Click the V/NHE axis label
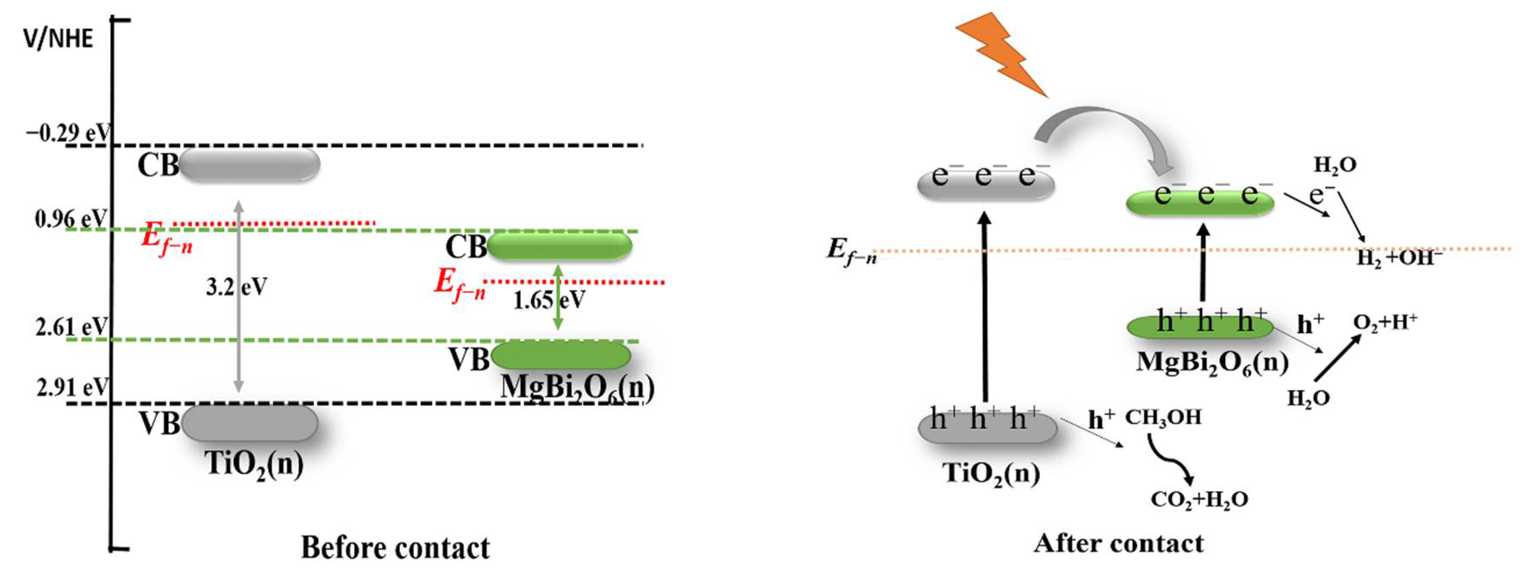[58, 39]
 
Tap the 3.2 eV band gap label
[236, 288]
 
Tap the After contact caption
[1118, 543]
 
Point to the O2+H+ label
[1385, 322]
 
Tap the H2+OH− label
[1399, 259]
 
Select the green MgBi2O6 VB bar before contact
[560, 355]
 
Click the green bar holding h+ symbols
[1200, 326]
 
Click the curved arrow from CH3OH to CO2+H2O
[1170, 461]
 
